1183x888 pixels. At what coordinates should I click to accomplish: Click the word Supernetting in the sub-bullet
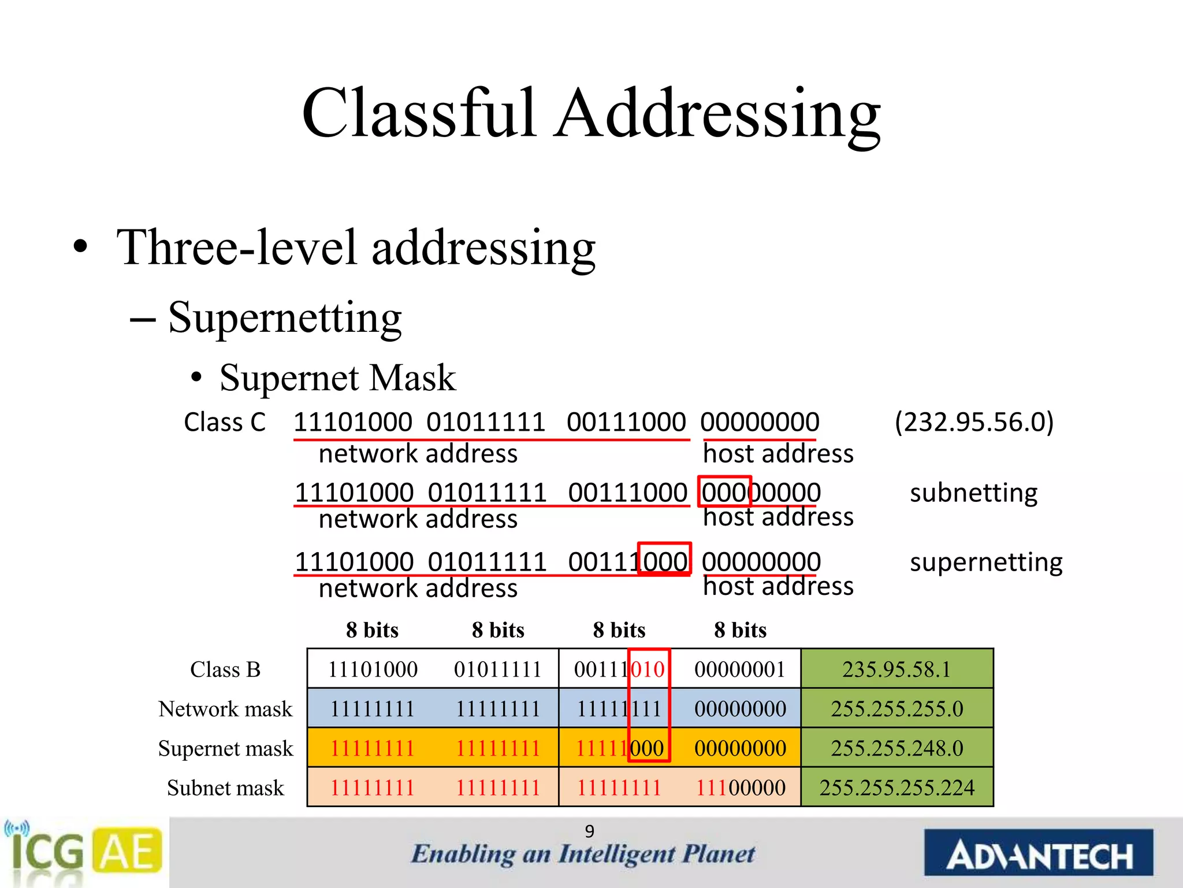284,318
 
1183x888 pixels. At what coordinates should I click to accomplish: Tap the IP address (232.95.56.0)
974,422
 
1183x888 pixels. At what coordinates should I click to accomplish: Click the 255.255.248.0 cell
896,748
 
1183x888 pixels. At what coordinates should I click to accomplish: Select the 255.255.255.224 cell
896,787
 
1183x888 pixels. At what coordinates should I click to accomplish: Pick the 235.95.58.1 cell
896,669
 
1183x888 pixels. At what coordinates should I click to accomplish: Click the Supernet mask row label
225,748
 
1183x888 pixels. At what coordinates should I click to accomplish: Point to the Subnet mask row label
225,787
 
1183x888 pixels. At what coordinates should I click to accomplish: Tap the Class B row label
225,669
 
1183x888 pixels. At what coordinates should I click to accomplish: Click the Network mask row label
225,709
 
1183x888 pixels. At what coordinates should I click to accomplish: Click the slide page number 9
589,831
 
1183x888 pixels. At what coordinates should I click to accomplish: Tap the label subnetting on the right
974,493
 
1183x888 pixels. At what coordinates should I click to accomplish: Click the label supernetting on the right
985,562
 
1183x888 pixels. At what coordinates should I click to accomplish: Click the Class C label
225,422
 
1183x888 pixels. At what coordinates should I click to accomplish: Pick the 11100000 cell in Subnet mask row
740,787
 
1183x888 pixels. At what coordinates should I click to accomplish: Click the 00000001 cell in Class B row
740,669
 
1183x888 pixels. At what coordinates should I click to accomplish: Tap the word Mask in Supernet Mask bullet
412,378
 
